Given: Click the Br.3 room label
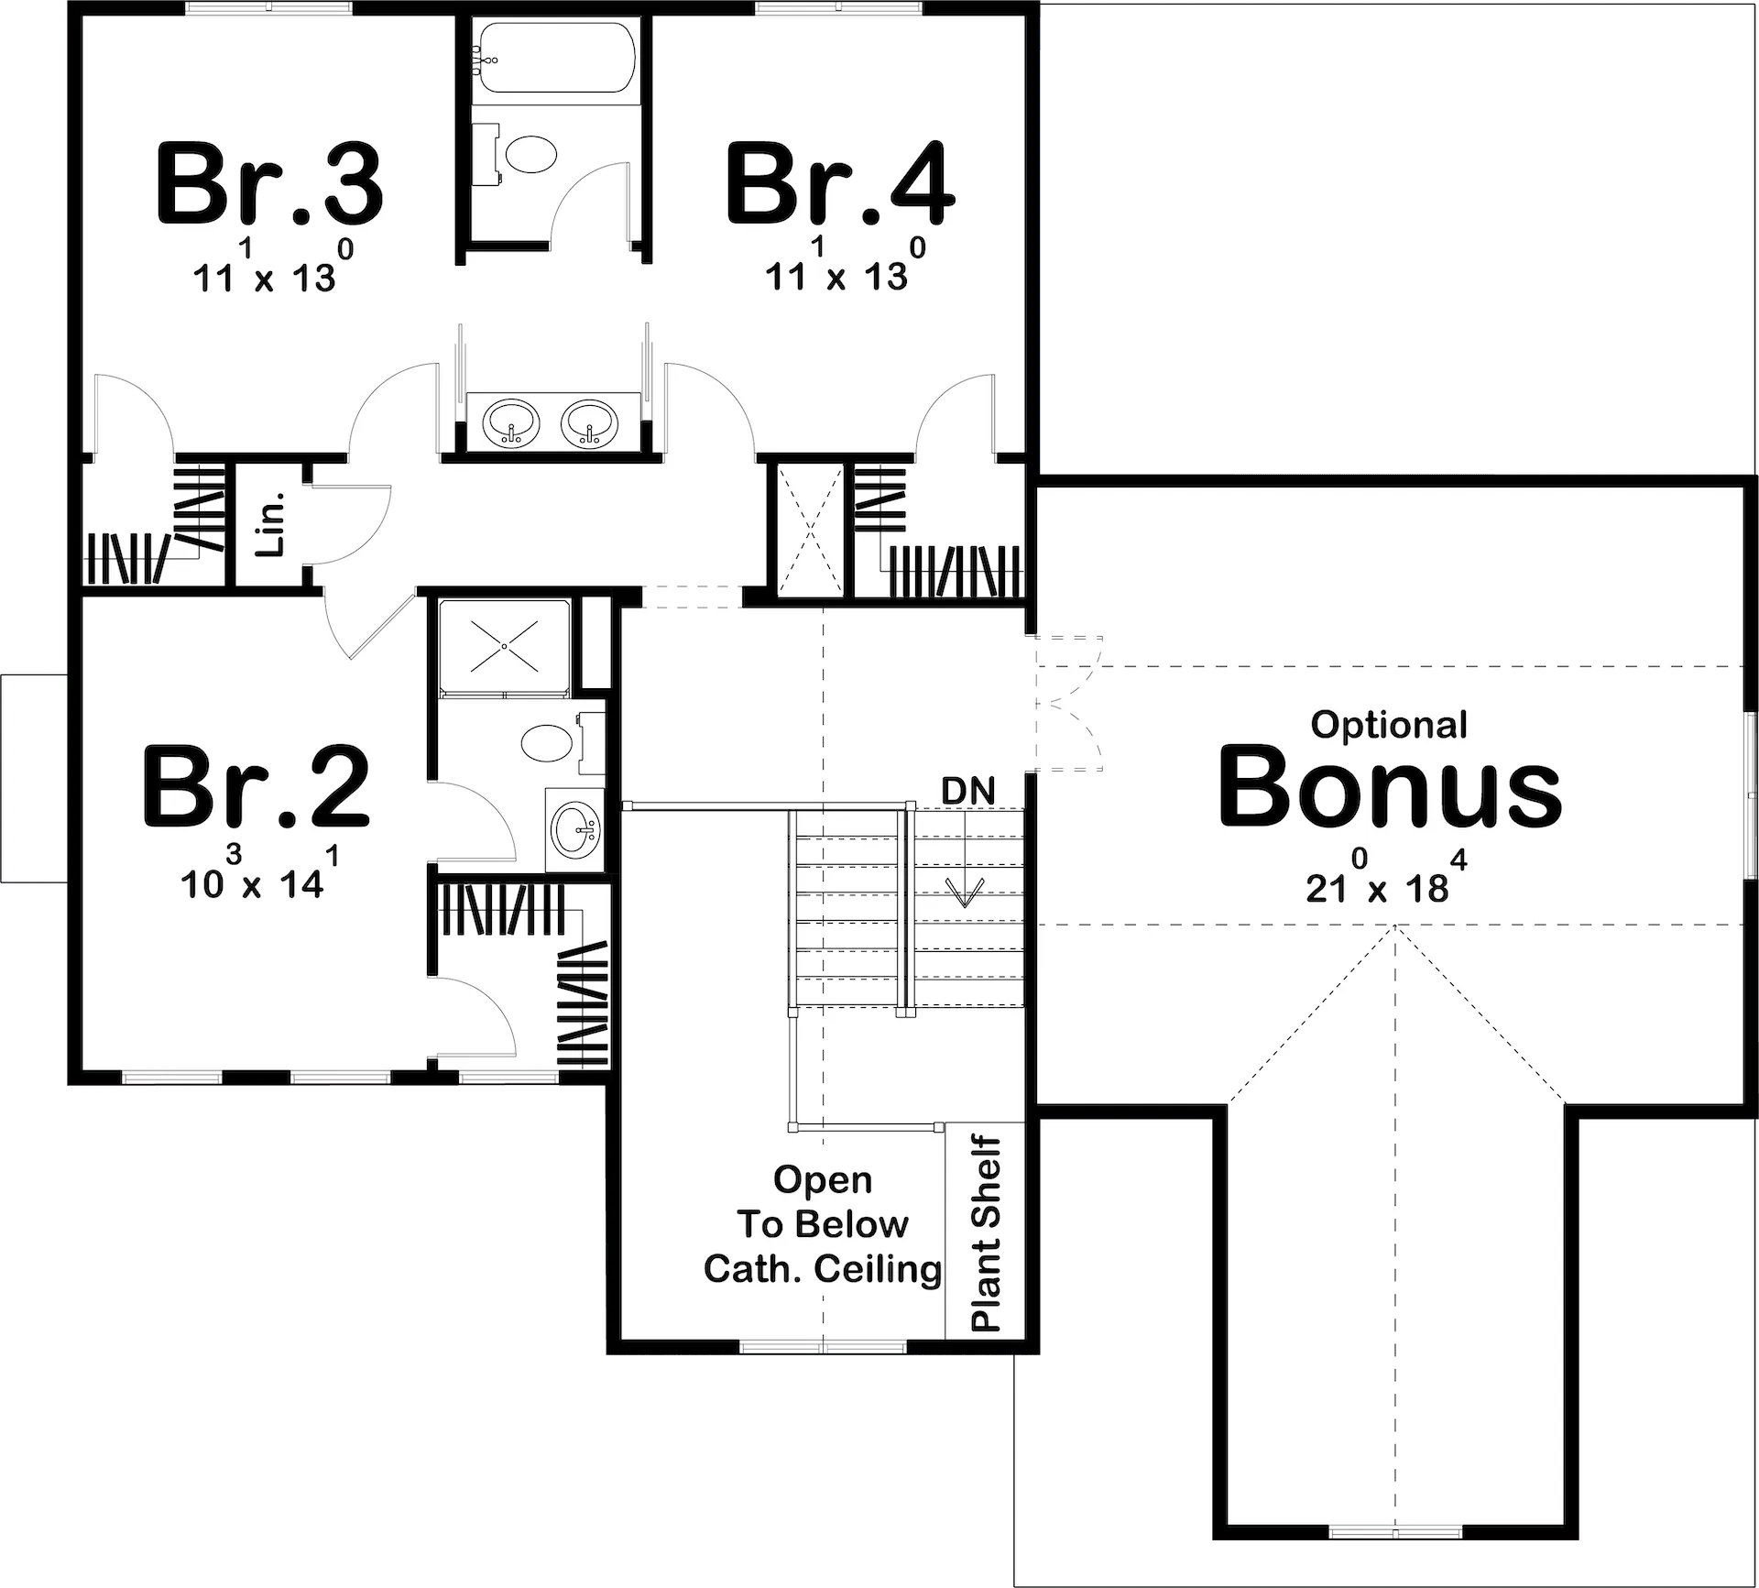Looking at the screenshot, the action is point(270,183).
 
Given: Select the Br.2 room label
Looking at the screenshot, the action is point(257,786).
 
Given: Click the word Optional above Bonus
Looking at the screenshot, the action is point(1389,725).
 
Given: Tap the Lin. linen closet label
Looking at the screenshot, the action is point(273,524).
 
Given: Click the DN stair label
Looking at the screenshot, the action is point(968,791).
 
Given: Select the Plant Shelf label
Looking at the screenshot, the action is point(986,1234).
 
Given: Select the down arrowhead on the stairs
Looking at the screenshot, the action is point(964,892).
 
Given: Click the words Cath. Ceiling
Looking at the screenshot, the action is point(823,1269).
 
